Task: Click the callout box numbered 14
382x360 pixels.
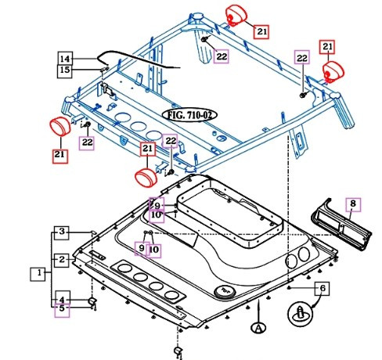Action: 66,59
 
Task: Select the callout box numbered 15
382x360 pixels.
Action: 66,71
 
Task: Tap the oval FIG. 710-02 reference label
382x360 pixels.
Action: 188,114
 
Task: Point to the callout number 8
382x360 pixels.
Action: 351,205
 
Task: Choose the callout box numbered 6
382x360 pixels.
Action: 319,288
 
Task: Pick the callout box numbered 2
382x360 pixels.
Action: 62,259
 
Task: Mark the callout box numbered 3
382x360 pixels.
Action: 62,232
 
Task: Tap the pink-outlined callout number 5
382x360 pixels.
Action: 62,309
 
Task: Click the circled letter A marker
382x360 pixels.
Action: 257,328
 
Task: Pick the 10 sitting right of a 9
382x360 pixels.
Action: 153,250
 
